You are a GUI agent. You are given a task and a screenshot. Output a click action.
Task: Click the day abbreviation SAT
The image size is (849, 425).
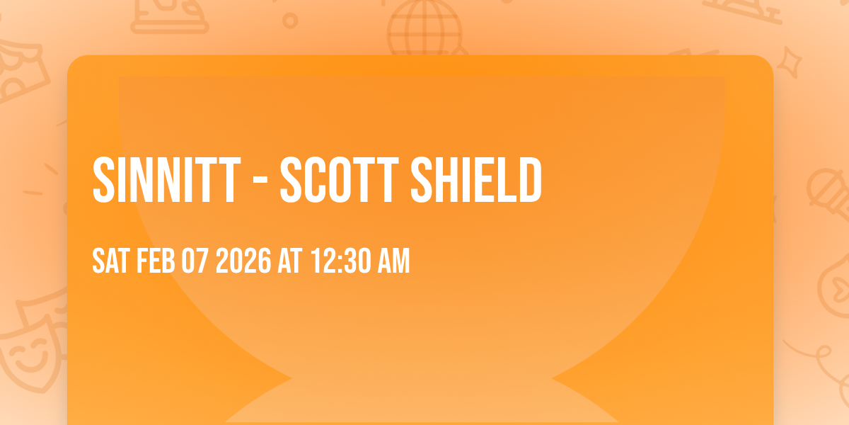point(110,261)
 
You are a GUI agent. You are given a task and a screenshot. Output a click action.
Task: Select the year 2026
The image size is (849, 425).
point(243,261)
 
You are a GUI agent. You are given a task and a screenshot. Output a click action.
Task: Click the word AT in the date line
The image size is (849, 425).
point(290,261)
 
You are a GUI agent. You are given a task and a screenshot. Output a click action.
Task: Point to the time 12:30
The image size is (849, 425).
point(337,261)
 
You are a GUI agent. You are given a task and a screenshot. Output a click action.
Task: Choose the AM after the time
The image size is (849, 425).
point(393,261)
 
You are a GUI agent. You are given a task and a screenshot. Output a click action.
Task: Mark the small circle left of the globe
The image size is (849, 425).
point(289,21)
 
